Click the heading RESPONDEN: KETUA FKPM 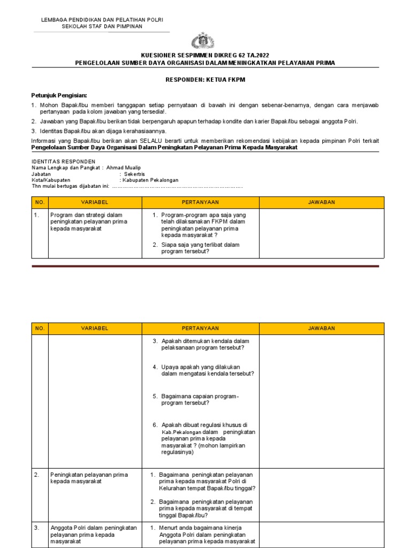pos(205,80)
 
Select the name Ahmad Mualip pos(125,168)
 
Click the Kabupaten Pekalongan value pos(151,180)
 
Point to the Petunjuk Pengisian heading pos(59,95)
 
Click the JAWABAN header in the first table pos(321,202)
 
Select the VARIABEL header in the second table pos(94,328)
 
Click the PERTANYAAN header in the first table pos(200,202)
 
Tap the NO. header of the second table pos(40,328)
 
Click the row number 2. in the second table pos(37,475)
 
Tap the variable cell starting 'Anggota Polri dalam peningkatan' pos(94,534)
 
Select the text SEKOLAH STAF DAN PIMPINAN pos(102,26)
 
